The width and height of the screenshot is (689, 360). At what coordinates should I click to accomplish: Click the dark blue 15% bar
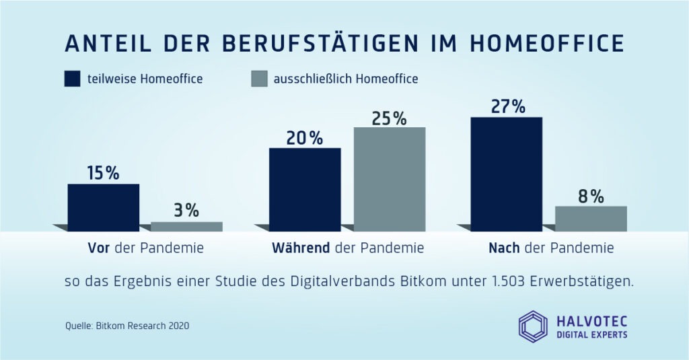[x=104, y=207]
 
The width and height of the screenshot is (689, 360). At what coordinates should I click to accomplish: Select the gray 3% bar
[x=186, y=227]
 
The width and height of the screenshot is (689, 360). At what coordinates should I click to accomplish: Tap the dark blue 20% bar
[x=305, y=189]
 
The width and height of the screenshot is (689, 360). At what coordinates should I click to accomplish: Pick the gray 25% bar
[x=390, y=179]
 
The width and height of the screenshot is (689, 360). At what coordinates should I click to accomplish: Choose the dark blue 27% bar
[x=507, y=174]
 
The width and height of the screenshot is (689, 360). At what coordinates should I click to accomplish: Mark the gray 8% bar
[x=591, y=219]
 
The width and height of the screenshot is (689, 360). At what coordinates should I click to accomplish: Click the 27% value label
[x=507, y=106]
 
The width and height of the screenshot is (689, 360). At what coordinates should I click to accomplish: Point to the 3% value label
[x=186, y=210]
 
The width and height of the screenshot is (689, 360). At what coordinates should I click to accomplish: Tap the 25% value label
[x=390, y=118]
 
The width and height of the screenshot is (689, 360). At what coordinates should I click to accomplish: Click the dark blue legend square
[x=73, y=79]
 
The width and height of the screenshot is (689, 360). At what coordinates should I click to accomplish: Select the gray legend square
[x=258, y=79]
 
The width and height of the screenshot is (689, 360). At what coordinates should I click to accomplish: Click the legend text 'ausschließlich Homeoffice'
[x=346, y=79]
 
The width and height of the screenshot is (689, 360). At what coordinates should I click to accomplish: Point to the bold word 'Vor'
[x=99, y=248]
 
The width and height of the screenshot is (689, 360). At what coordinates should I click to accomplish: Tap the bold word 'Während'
[x=301, y=248]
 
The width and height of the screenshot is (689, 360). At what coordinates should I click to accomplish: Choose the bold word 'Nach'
[x=504, y=248]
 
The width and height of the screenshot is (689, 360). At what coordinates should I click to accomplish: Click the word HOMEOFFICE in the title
[x=546, y=42]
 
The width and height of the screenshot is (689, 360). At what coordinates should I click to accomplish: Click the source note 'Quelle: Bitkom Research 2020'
[x=127, y=326]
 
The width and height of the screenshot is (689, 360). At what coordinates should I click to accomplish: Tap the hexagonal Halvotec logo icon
[x=533, y=325]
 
